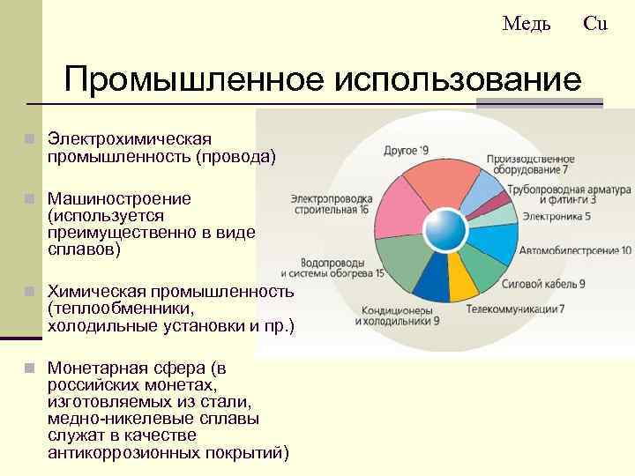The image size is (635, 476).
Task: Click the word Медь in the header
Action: click(x=527, y=24)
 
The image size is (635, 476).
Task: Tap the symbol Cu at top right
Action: click(x=595, y=24)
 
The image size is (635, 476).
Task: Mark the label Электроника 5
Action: click(x=557, y=215)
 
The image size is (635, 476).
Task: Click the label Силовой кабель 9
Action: click(x=543, y=284)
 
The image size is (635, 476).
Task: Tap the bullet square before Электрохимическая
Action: click(x=29, y=139)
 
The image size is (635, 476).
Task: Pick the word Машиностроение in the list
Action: click(x=119, y=199)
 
